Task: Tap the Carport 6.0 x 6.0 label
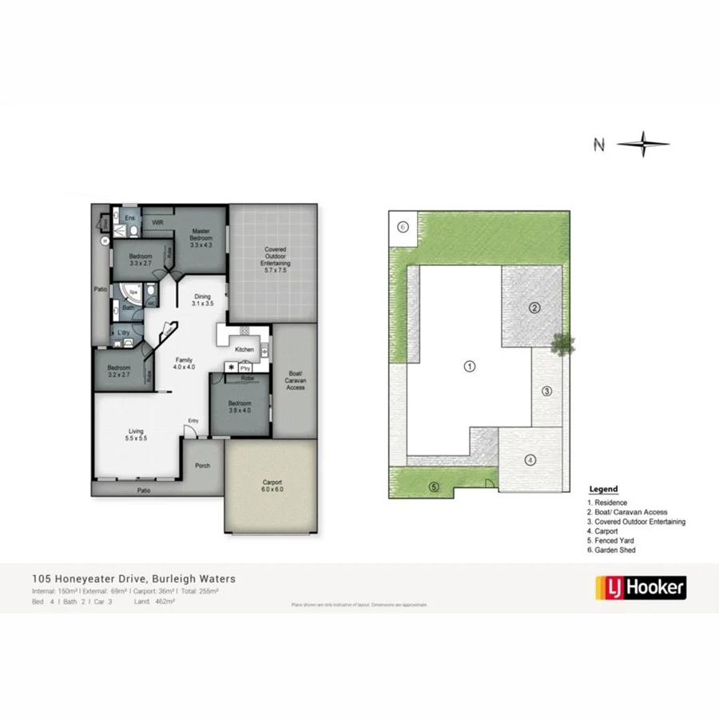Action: [272, 487]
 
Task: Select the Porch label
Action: [203, 465]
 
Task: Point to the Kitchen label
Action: [244, 350]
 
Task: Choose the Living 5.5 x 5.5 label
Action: [135, 435]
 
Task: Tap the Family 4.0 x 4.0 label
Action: [184, 363]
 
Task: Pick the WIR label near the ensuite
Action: [158, 221]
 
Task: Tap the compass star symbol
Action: [643, 145]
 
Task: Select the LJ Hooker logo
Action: [641, 588]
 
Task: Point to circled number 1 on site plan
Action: [470, 366]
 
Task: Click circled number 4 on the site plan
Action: [530, 459]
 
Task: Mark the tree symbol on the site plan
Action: [563, 344]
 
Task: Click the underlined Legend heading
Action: [603, 490]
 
